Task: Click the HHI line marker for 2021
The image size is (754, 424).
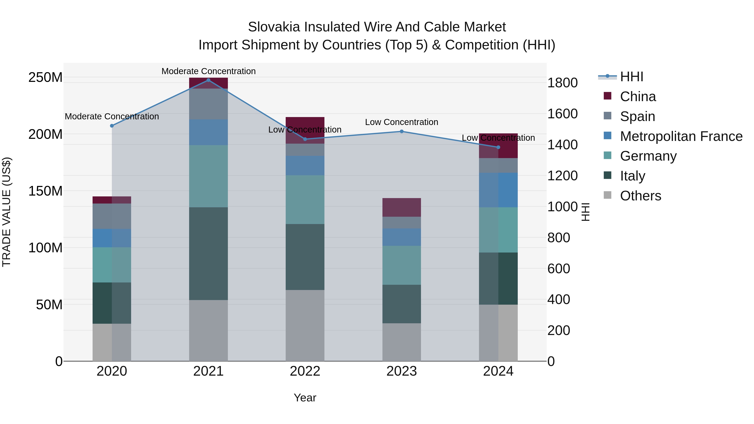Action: pos(208,80)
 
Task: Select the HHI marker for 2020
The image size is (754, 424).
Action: pos(112,126)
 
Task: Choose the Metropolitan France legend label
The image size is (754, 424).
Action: pos(681,136)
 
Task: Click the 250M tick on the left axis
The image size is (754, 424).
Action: pos(45,77)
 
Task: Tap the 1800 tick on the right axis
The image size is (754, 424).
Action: pos(562,83)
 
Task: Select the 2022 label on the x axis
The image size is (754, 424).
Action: pos(305,371)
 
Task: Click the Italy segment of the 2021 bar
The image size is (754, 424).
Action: pos(208,253)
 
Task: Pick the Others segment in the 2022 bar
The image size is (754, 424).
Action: pos(305,325)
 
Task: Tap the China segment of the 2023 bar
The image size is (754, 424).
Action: pos(402,207)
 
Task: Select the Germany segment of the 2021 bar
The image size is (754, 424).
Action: pos(208,176)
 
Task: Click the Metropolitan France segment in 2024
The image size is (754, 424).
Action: pos(498,190)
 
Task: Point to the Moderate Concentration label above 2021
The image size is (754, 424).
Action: pos(208,71)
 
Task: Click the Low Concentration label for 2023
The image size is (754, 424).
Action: pos(402,122)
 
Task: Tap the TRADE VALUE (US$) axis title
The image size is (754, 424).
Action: pos(7,212)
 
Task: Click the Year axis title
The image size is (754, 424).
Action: pos(305,398)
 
